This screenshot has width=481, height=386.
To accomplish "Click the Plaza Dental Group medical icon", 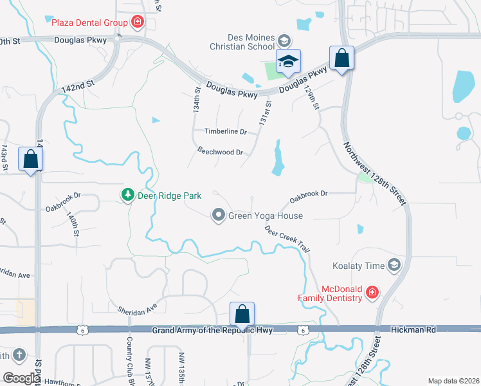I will [137, 23].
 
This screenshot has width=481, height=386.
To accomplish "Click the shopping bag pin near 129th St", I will [341, 58].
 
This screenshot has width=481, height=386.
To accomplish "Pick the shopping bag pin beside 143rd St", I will [30, 158].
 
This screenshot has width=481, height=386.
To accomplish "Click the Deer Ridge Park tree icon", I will [128, 195].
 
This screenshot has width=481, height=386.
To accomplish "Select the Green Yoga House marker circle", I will [219, 216].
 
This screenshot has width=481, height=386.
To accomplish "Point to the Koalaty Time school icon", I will [394, 265].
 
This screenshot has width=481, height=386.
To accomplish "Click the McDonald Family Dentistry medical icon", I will [371, 293].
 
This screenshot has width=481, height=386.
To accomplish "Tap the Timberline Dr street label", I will [226, 131].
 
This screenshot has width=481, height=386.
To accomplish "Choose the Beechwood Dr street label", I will [220, 152].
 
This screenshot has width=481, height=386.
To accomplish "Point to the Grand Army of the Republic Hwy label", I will [212, 330].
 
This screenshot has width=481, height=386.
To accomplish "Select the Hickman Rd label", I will [413, 329].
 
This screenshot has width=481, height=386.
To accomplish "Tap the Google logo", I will [21, 378].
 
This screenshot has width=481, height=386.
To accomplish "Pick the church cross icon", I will [19, 354].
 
